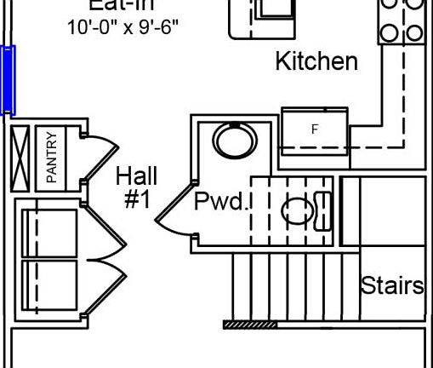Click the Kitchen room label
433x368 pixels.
(316, 62)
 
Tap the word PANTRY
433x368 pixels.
(51, 156)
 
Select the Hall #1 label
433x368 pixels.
(136, 188)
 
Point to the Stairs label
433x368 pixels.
(392, 285)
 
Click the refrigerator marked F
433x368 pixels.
(314, 130)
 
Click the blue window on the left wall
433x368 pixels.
(8, 79)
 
